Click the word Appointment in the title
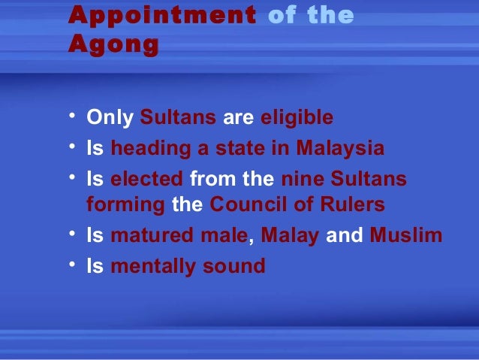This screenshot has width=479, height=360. [x=161, y=16]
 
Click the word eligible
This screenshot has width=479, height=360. [x=297, y=118]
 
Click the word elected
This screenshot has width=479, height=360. [x=146, y=180]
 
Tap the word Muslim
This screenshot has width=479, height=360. [x=405, y=236]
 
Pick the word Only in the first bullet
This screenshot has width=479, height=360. [x=110, y=118]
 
